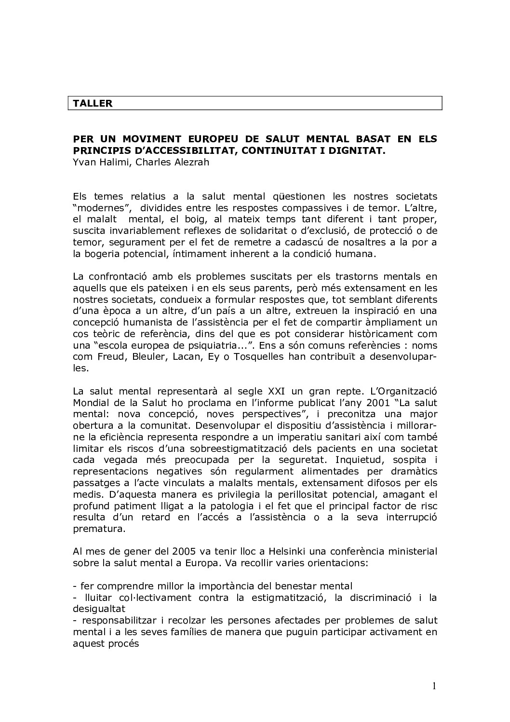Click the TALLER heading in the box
click(x=93, y=103)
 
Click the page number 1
click(x=434, y=686)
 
